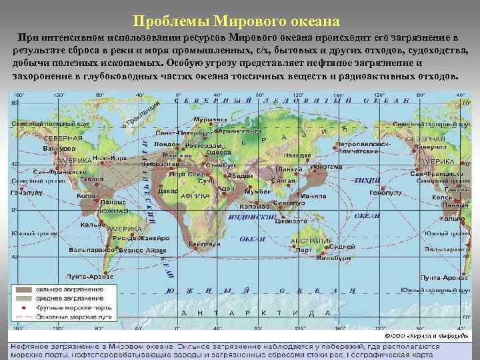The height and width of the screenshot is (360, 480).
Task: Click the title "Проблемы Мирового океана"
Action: coord(240,22)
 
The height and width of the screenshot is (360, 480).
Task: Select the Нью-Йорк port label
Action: coord(109,158)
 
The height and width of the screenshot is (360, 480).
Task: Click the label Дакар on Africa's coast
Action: coord(168,190)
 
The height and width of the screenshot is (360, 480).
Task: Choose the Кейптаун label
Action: coord(205,244)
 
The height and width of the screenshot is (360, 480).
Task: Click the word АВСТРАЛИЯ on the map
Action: coord(313,240)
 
